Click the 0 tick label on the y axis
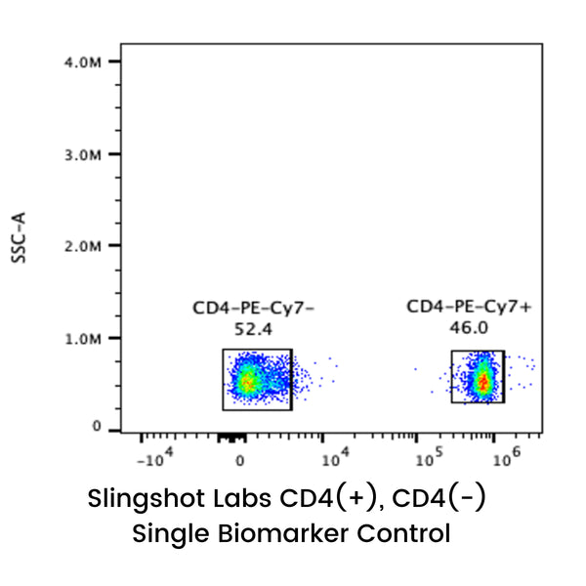click(97, 427)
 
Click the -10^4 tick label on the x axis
click(155, 457)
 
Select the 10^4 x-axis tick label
click(335, 456)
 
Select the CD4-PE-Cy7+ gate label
click(470, 308)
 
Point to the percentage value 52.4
click(254, 330)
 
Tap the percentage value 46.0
click(470, 327)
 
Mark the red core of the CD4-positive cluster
click(481, 382)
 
